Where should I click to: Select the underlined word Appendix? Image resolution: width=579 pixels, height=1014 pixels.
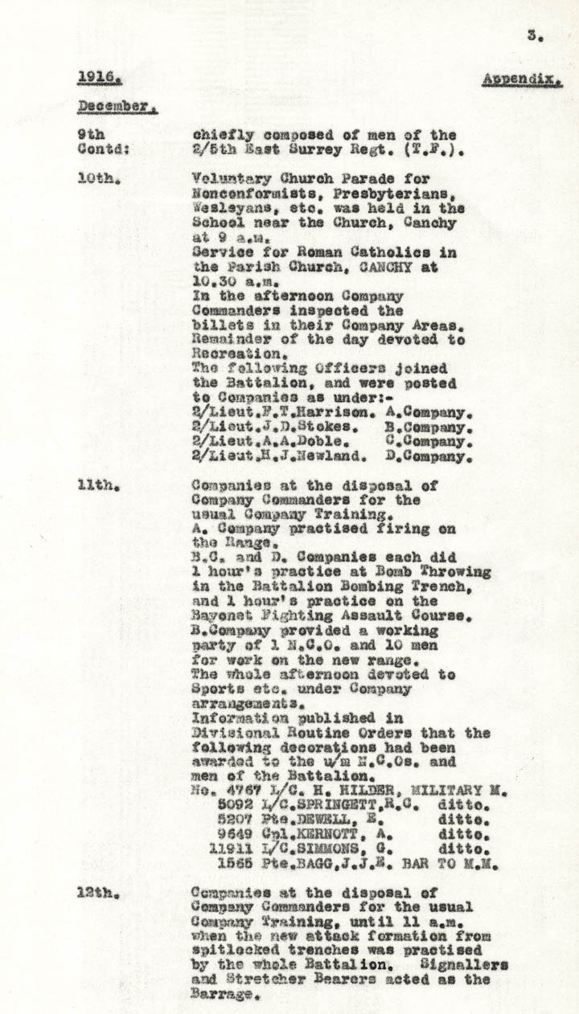tap(522, 80)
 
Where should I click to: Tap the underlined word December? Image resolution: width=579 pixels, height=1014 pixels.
tap(116, 106)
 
